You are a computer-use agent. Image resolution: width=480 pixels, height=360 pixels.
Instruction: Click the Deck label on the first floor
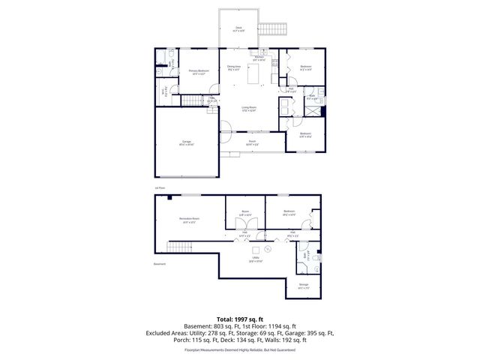(x=238, y=31)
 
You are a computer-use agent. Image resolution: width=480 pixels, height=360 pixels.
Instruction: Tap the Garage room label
(x=187, y=142)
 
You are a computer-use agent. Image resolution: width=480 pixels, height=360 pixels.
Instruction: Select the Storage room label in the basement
(x=303, y=286)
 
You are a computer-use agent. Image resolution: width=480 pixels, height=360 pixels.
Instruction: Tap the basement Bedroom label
(x=288, y=212)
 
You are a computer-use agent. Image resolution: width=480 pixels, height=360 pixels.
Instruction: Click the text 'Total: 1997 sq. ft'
(x=239, y=319)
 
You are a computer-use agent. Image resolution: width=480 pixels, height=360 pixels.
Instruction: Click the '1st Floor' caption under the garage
(x=159, y=187)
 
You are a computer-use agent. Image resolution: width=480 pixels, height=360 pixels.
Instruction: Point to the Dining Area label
(x=233, y=68)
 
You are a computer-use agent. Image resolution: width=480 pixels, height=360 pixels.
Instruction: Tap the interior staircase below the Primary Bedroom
(x=193, y=101)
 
